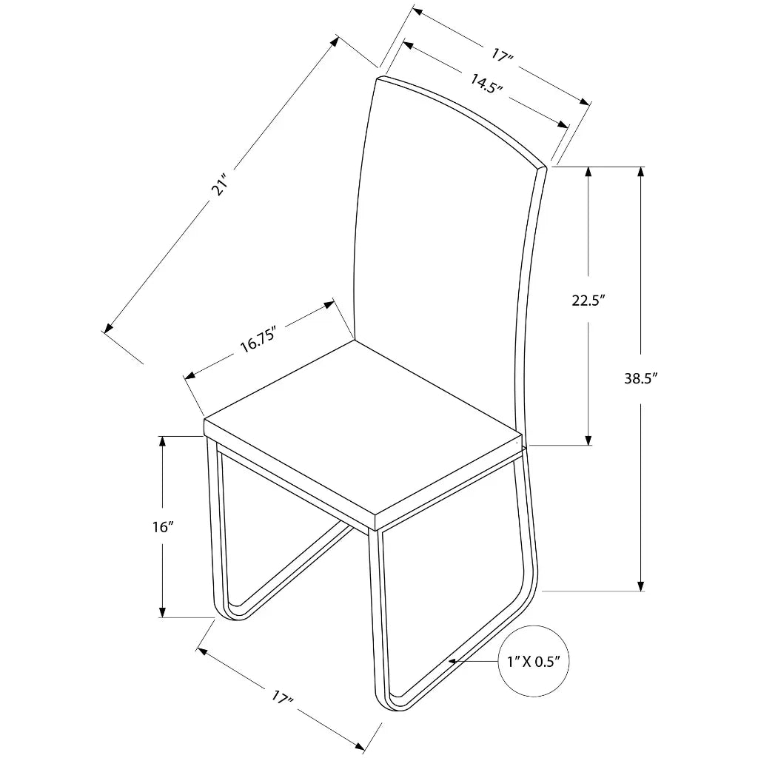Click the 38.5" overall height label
641,379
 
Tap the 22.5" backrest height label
589,301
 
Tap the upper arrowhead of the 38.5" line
641,172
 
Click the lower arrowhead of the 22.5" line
589,440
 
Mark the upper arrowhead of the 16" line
161,441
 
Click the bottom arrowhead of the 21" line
108,328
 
